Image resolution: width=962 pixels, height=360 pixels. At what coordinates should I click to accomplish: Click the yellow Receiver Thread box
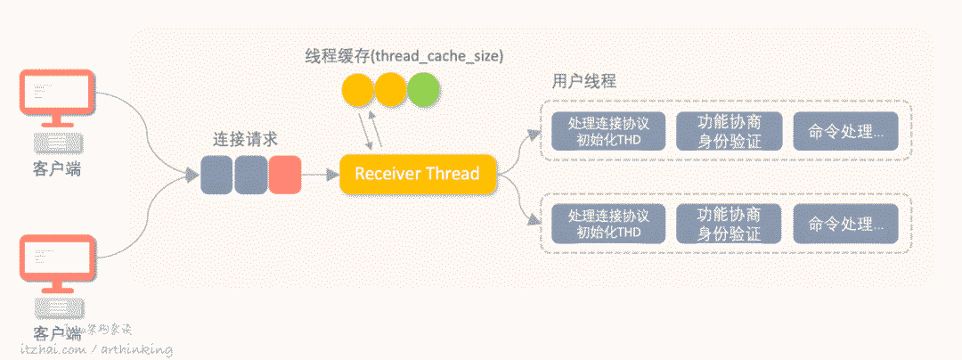coord(417,174)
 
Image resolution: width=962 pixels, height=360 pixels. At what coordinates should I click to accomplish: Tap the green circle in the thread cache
coord(423,90)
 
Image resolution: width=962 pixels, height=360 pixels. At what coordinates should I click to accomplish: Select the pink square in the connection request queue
coord(285,175)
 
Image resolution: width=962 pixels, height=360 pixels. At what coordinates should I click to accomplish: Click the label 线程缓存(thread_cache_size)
coord(404,56)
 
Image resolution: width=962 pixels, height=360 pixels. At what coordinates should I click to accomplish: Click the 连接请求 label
coord(245,139)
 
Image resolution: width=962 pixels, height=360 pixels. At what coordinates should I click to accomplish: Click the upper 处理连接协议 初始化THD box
coord(608,131)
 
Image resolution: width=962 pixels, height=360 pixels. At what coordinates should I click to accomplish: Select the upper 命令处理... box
coord(846,131)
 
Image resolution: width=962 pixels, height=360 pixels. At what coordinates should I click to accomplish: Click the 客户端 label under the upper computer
coord(57,168)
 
